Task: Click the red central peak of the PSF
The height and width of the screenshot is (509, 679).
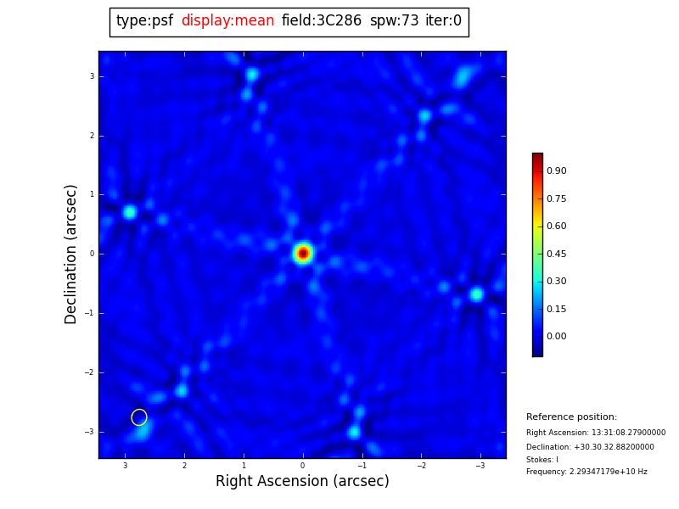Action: point(303,253)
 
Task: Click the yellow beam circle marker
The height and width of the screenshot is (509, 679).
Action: point(139,417)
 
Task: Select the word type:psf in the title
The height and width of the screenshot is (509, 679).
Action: point(144,21)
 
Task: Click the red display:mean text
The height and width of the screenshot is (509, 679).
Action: point(227,21)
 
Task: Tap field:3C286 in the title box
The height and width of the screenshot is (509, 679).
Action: point(321,21)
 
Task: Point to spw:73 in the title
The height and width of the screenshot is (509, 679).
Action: point(394,21)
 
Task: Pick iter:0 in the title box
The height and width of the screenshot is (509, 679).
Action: point(443,21)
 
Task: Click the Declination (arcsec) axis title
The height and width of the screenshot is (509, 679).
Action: point(71,254)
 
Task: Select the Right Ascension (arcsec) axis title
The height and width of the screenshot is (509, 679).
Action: point(302,481)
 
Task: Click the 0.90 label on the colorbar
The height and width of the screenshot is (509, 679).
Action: point(556,171)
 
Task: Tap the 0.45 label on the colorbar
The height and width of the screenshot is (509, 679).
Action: point(556,254)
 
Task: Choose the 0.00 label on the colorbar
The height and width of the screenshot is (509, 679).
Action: point(556,337)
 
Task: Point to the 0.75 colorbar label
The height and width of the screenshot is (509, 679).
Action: point(556,199)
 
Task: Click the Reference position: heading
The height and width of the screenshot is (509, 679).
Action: point(571,417)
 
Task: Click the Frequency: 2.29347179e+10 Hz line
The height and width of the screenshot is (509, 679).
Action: point(586,472)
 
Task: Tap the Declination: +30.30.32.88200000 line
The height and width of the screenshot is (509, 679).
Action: point(590,447)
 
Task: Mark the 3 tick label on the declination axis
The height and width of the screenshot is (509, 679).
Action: point(92,76)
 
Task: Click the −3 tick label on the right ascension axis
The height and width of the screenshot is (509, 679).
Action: point(480,466)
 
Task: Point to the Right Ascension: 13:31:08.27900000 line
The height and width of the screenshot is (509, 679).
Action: point(596,433)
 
